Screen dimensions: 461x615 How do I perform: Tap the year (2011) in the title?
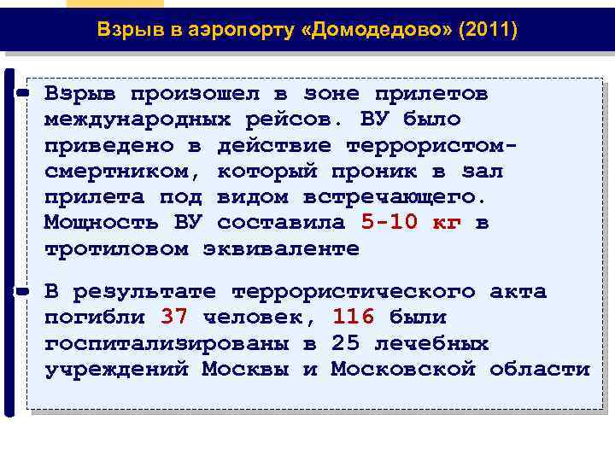488,31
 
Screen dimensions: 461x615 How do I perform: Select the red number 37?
173,318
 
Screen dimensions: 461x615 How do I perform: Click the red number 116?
353,318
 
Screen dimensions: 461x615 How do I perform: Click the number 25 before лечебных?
345,344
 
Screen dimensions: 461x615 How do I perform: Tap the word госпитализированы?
166,344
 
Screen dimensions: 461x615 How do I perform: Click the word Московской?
402,370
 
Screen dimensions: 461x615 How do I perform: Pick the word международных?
138,119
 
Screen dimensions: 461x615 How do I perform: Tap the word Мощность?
102,223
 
